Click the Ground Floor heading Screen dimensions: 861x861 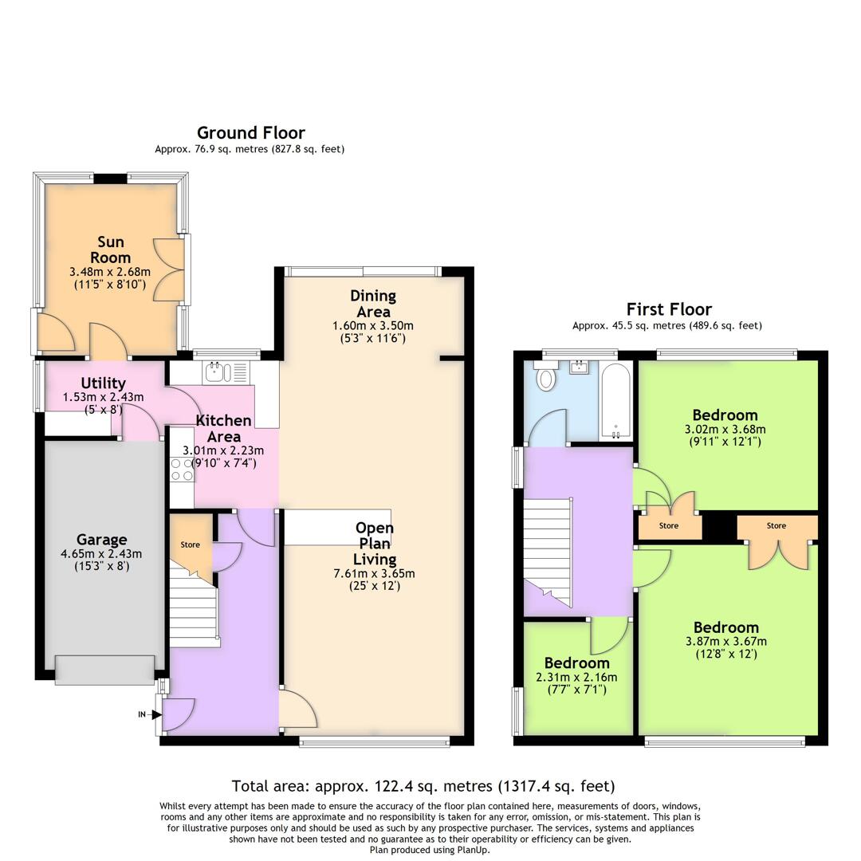click(250, 133)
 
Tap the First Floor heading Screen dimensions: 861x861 click(668, 309)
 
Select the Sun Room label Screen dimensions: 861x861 click(110, 250)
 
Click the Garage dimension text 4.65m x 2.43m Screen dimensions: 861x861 click(101, 554)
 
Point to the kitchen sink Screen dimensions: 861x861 click(218, 372)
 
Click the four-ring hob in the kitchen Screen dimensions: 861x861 click(182, 470)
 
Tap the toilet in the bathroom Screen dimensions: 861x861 click(546, 377)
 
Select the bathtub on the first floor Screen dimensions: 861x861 click(615, 401)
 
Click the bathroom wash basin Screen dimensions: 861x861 click(580, 368)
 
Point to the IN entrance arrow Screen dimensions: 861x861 click(147, 714)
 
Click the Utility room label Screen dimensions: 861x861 click(103, 383)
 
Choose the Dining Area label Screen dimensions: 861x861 click(372, 304)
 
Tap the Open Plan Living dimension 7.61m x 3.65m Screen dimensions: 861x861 click(375, 573)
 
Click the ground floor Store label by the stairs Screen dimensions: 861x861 click(190, 545)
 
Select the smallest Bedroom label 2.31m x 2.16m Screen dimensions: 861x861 click(576, 663)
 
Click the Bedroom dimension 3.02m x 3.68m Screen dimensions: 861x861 click(725, 429)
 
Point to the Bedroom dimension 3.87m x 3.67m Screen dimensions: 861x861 click(725, 641)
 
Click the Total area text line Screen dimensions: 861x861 click(423, 786)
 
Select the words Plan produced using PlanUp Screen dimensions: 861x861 click(430, 850)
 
